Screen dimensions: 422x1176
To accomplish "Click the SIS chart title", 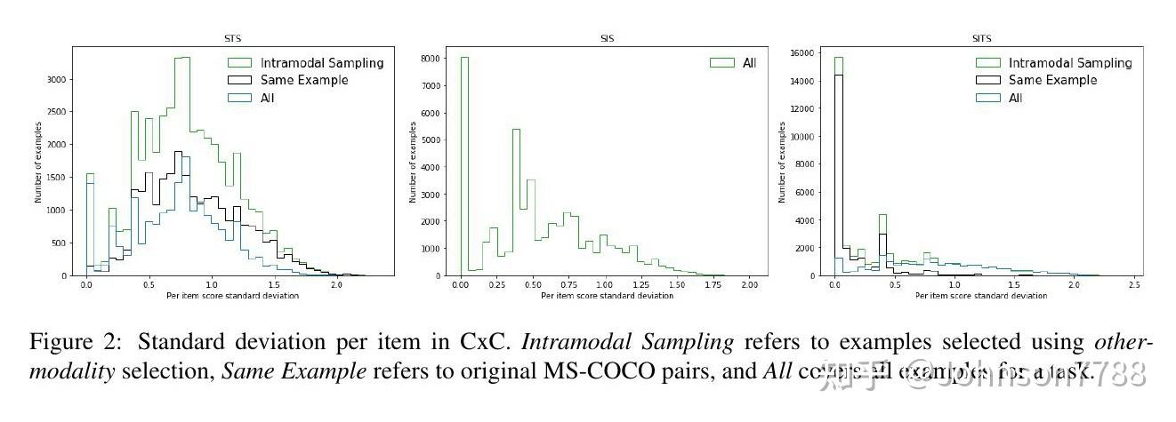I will click(x=607, y=38).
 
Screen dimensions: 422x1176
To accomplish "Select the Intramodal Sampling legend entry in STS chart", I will click(x=321, y=63).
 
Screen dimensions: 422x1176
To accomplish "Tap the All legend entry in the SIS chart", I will click(x=749, y=63).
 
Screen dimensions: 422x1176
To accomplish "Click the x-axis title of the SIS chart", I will click(x=607, y=295).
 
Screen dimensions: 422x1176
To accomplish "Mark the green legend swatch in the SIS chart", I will click(x=721, y=63).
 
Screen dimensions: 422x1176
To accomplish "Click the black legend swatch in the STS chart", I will click(x=240, y=80).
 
